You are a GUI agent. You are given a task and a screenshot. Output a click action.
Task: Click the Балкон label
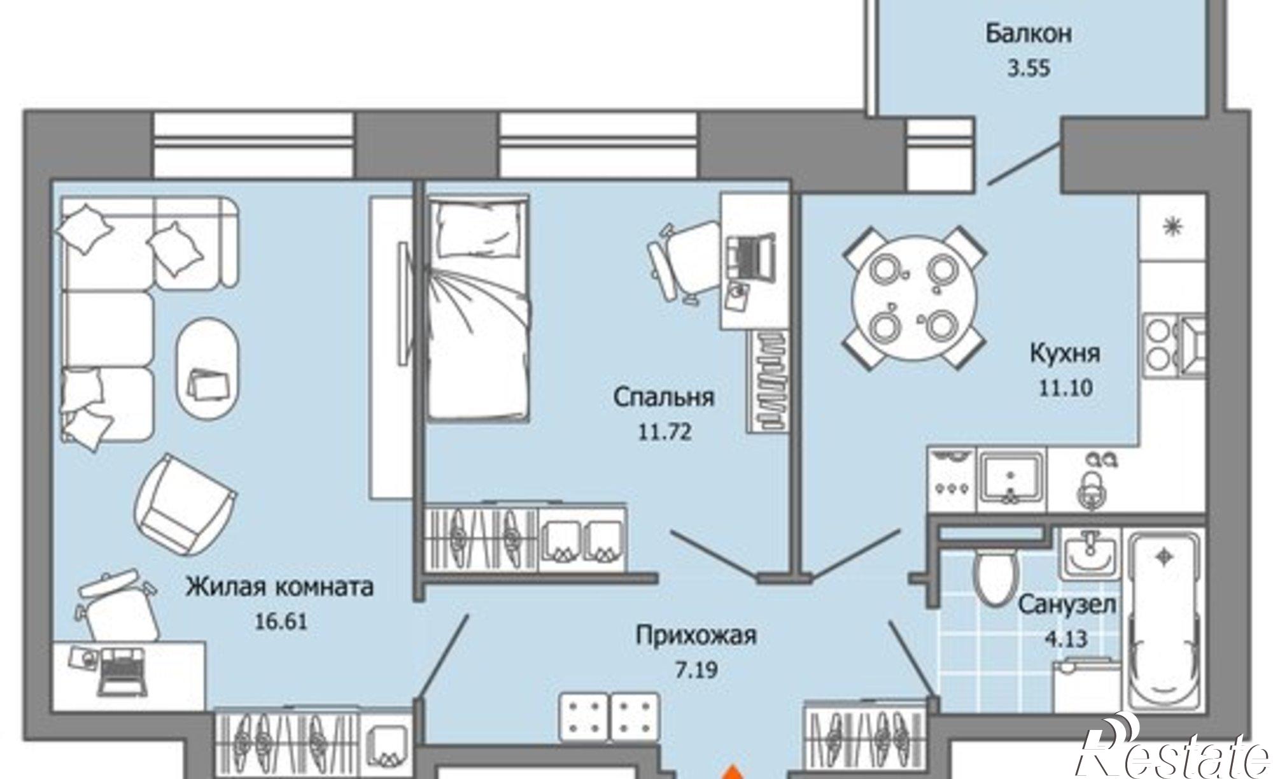(1029, 34)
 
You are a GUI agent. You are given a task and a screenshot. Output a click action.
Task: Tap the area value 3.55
(1029, 68)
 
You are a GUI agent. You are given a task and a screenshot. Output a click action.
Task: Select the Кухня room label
(1064, 353)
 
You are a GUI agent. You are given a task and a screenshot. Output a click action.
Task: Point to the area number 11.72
(664, 432)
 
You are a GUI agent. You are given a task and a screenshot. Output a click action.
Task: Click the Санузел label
(1067, 604)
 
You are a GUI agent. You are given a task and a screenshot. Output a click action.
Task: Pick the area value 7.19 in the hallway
(696, 670)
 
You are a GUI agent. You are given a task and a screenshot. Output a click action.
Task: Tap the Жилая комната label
(279, 587)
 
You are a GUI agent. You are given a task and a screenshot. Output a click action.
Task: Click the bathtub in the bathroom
(1164, 624)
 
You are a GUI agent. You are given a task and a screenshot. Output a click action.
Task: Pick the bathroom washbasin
(1088, 554)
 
